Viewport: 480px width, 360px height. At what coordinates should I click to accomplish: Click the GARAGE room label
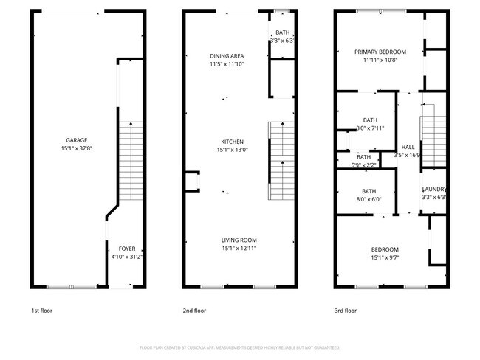(x=77, y=140)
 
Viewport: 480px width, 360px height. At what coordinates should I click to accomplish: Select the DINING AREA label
(x=227, y=56)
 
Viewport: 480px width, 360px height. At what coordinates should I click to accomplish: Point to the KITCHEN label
(x=233, y=142)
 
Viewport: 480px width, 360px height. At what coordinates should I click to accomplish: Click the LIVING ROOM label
(x=239, y=240)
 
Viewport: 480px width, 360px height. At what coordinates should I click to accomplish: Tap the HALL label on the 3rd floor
(x=408, y=146)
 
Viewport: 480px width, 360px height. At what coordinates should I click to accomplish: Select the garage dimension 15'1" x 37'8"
(x=77, y=149)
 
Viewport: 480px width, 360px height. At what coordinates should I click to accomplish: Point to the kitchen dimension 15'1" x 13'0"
(x=233, y=150)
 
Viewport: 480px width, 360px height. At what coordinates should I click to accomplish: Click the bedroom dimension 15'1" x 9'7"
(x=385, y=258)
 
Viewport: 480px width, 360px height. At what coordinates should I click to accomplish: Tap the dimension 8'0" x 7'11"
(x=370, y=128)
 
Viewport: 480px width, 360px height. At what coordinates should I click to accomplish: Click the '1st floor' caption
(x=41, y=311)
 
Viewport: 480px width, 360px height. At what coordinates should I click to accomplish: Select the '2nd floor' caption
(x=193, y=311)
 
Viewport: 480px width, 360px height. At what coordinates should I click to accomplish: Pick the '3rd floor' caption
(x=346, y=311)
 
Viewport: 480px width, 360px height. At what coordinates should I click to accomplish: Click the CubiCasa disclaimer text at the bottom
(x=239, y=347)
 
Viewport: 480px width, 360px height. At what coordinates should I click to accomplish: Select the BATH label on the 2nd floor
(x=283, y=32)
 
